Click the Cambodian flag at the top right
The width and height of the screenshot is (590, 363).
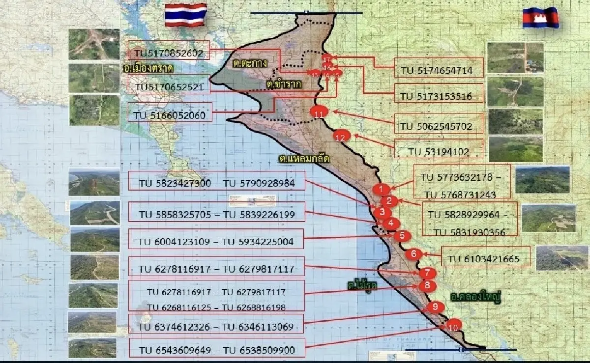pos(541,18)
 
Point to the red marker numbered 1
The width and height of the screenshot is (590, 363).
pos(381,189)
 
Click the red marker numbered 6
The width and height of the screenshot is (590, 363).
pos(413,254)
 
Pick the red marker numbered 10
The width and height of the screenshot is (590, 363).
pos(453,325)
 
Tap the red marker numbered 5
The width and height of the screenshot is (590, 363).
pos(402,235)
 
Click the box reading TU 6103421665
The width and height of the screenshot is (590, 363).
pos(486,258)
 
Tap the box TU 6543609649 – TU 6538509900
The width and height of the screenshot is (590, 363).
pos(216,350)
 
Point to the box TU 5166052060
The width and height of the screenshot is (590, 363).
pos(170,115)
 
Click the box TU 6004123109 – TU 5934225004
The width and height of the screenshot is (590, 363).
pos(216,241)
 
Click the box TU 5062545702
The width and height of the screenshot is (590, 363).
pos(439,126)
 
